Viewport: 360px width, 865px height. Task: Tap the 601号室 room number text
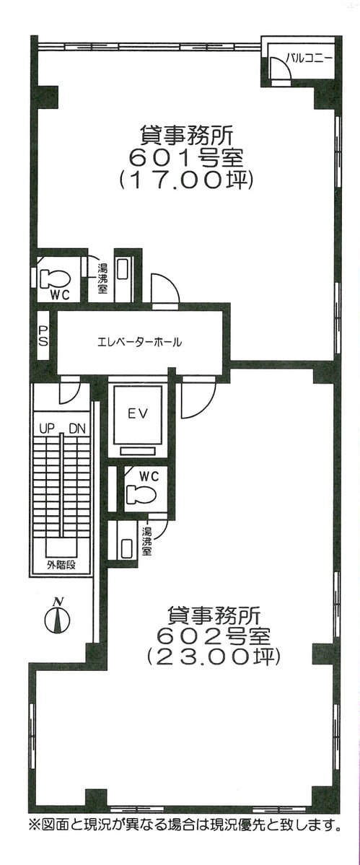(x=186, y=158)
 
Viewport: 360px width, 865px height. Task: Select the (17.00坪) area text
(x=186, y=181)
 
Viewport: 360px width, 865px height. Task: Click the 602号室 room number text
(x=214, y=635)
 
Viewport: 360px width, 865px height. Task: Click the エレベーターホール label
(x=139, y=343)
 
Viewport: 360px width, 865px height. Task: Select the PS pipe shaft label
(x=43, y=336)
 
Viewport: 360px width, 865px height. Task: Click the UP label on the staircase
(x=45, y=428)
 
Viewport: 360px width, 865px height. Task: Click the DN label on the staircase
(x=76, y=428)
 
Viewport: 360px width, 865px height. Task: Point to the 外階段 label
(x=61, y=565)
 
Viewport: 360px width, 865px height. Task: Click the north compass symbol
(x=57, y=616)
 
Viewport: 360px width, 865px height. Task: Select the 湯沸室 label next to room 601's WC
(x=102, y=278)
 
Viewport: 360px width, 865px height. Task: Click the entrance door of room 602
(x=198, y=398)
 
